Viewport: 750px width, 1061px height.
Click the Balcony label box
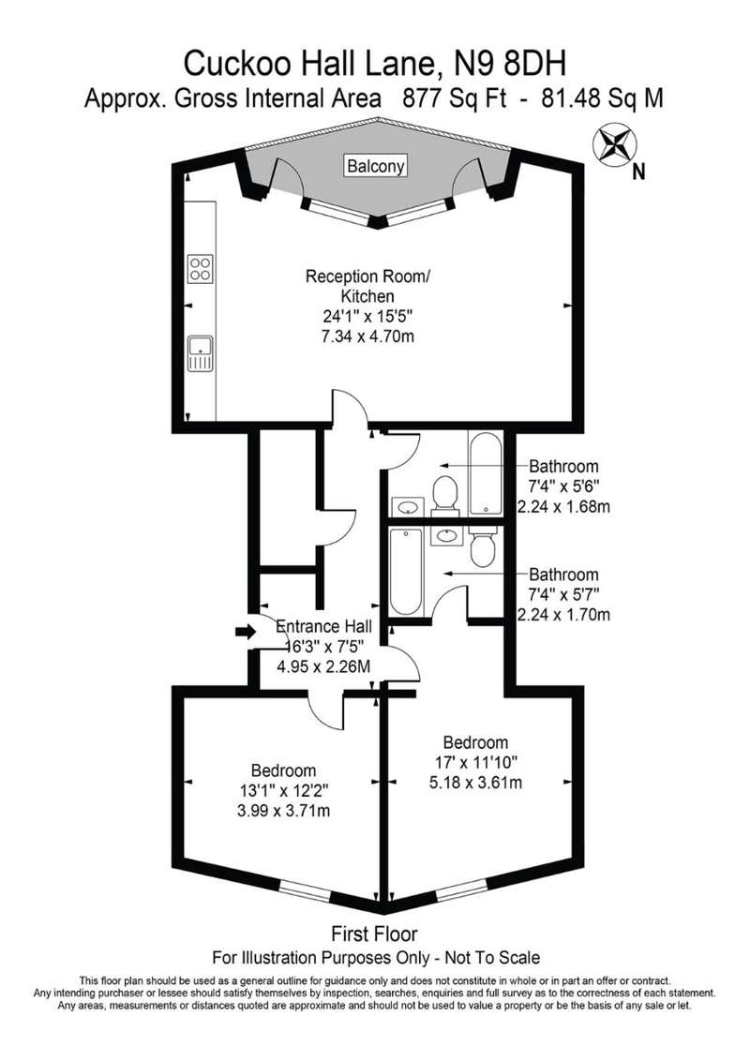coord(376,165)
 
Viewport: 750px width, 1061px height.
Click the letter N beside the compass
coord(637,173)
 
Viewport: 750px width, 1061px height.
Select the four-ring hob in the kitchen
coord(201,268)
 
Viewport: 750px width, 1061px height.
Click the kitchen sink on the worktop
coord(201,353)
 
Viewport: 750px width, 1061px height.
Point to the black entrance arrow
coord(246,632)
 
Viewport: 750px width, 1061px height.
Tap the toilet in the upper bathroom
coord(444,493)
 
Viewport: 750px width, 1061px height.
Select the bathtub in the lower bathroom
coord(406,573)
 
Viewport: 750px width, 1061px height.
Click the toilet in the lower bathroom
coord(484,546)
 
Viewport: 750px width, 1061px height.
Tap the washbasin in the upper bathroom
coord(408,506)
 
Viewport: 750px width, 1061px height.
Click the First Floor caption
coord(374,934)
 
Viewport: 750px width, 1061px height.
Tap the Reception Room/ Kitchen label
coord(367,286)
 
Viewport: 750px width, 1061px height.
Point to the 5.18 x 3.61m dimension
coord(475,783)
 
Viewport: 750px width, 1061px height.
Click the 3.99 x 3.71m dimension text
coord(284,810)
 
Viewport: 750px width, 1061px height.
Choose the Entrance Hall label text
coord(324,627)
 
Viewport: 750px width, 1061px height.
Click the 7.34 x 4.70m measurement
coord(367,336)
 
